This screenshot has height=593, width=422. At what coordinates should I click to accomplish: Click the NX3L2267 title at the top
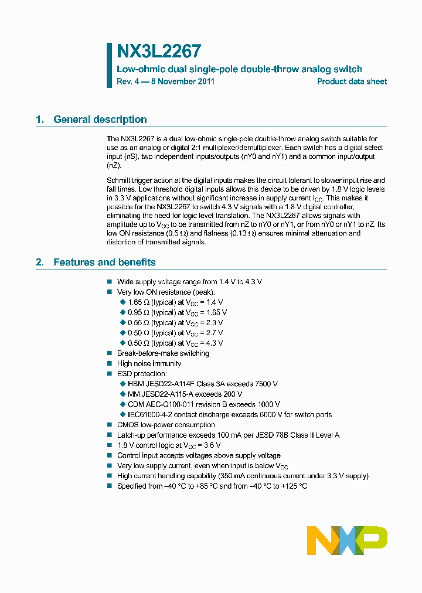click(159, 51)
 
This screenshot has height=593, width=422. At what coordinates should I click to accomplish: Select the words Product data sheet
click(352, 81)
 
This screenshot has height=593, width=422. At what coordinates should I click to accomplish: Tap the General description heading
click(100, 120)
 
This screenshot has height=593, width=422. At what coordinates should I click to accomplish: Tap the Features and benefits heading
click(104, 263)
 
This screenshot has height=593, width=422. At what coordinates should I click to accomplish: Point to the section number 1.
click(39, 120)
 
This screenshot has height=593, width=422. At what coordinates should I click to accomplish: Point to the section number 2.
click(39, 263)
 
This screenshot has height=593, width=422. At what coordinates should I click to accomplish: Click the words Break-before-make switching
click(163, 353)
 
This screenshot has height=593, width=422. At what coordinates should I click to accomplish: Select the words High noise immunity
click(149, 364)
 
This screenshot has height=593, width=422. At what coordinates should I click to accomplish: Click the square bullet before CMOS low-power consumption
click(110, 425)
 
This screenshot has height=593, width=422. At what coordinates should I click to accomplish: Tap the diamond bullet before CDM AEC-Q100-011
click(123, 404)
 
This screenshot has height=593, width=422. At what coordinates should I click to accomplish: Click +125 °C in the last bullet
click(294, 486)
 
